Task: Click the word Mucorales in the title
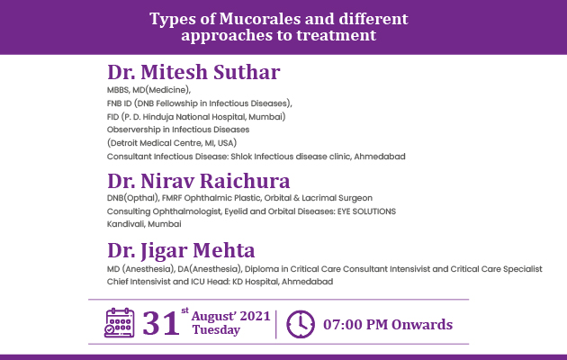pyautogui.click(x=260, y=19)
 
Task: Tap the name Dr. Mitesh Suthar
pyautogui.click(x=193, y=72)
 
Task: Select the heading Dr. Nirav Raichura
pyautogui.click(x=199, y=181)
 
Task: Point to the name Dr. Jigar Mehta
pyautogui.click(x=181, y=250)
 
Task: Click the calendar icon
pyautogui.click(x=120, y=323)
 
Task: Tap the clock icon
pyautogui.click(x=301, y=324)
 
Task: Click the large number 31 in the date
pyautogui.click(x=161, y=323)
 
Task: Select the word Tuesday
pyautogui.click(x=216, y=330)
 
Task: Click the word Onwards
pyautogui.click(x=422, y=325)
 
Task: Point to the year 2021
pyautogui.click(x=256, y=316)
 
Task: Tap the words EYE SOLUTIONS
pyautogui.click(x=366, y=211)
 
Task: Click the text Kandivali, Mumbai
pyautogui.click(x=144, y=224)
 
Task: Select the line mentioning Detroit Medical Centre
pyautogui.click(x=172, y=143)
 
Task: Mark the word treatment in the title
pyautogui.click(x=337, y=35)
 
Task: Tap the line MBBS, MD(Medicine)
pyautogui.click(x=148, y=90)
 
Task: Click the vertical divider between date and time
pyautogui.click(x=276, y=324)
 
